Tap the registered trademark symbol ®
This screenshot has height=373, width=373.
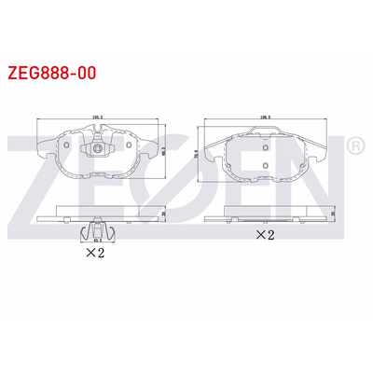pyautogui.click(x=354, y=145)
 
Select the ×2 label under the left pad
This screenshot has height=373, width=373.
pyautogui.click(x=94, y=251)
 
